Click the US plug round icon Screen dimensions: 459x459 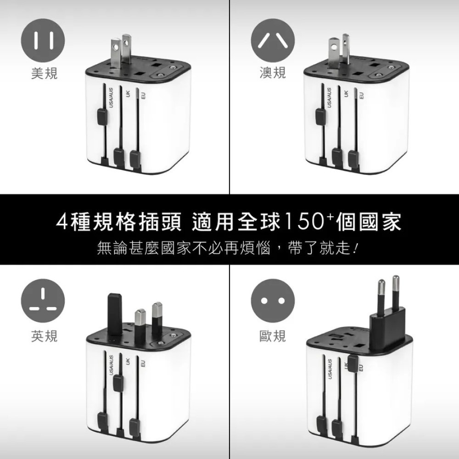coord(43,43)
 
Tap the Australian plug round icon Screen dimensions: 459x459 coord(273,43)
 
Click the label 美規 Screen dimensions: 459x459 coord(44,73)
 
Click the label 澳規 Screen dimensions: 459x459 coord(273,73)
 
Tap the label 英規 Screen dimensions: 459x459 coord(44,336)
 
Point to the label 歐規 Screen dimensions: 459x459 coord(273,336)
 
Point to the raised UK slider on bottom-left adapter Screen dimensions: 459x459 coord(119,381)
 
